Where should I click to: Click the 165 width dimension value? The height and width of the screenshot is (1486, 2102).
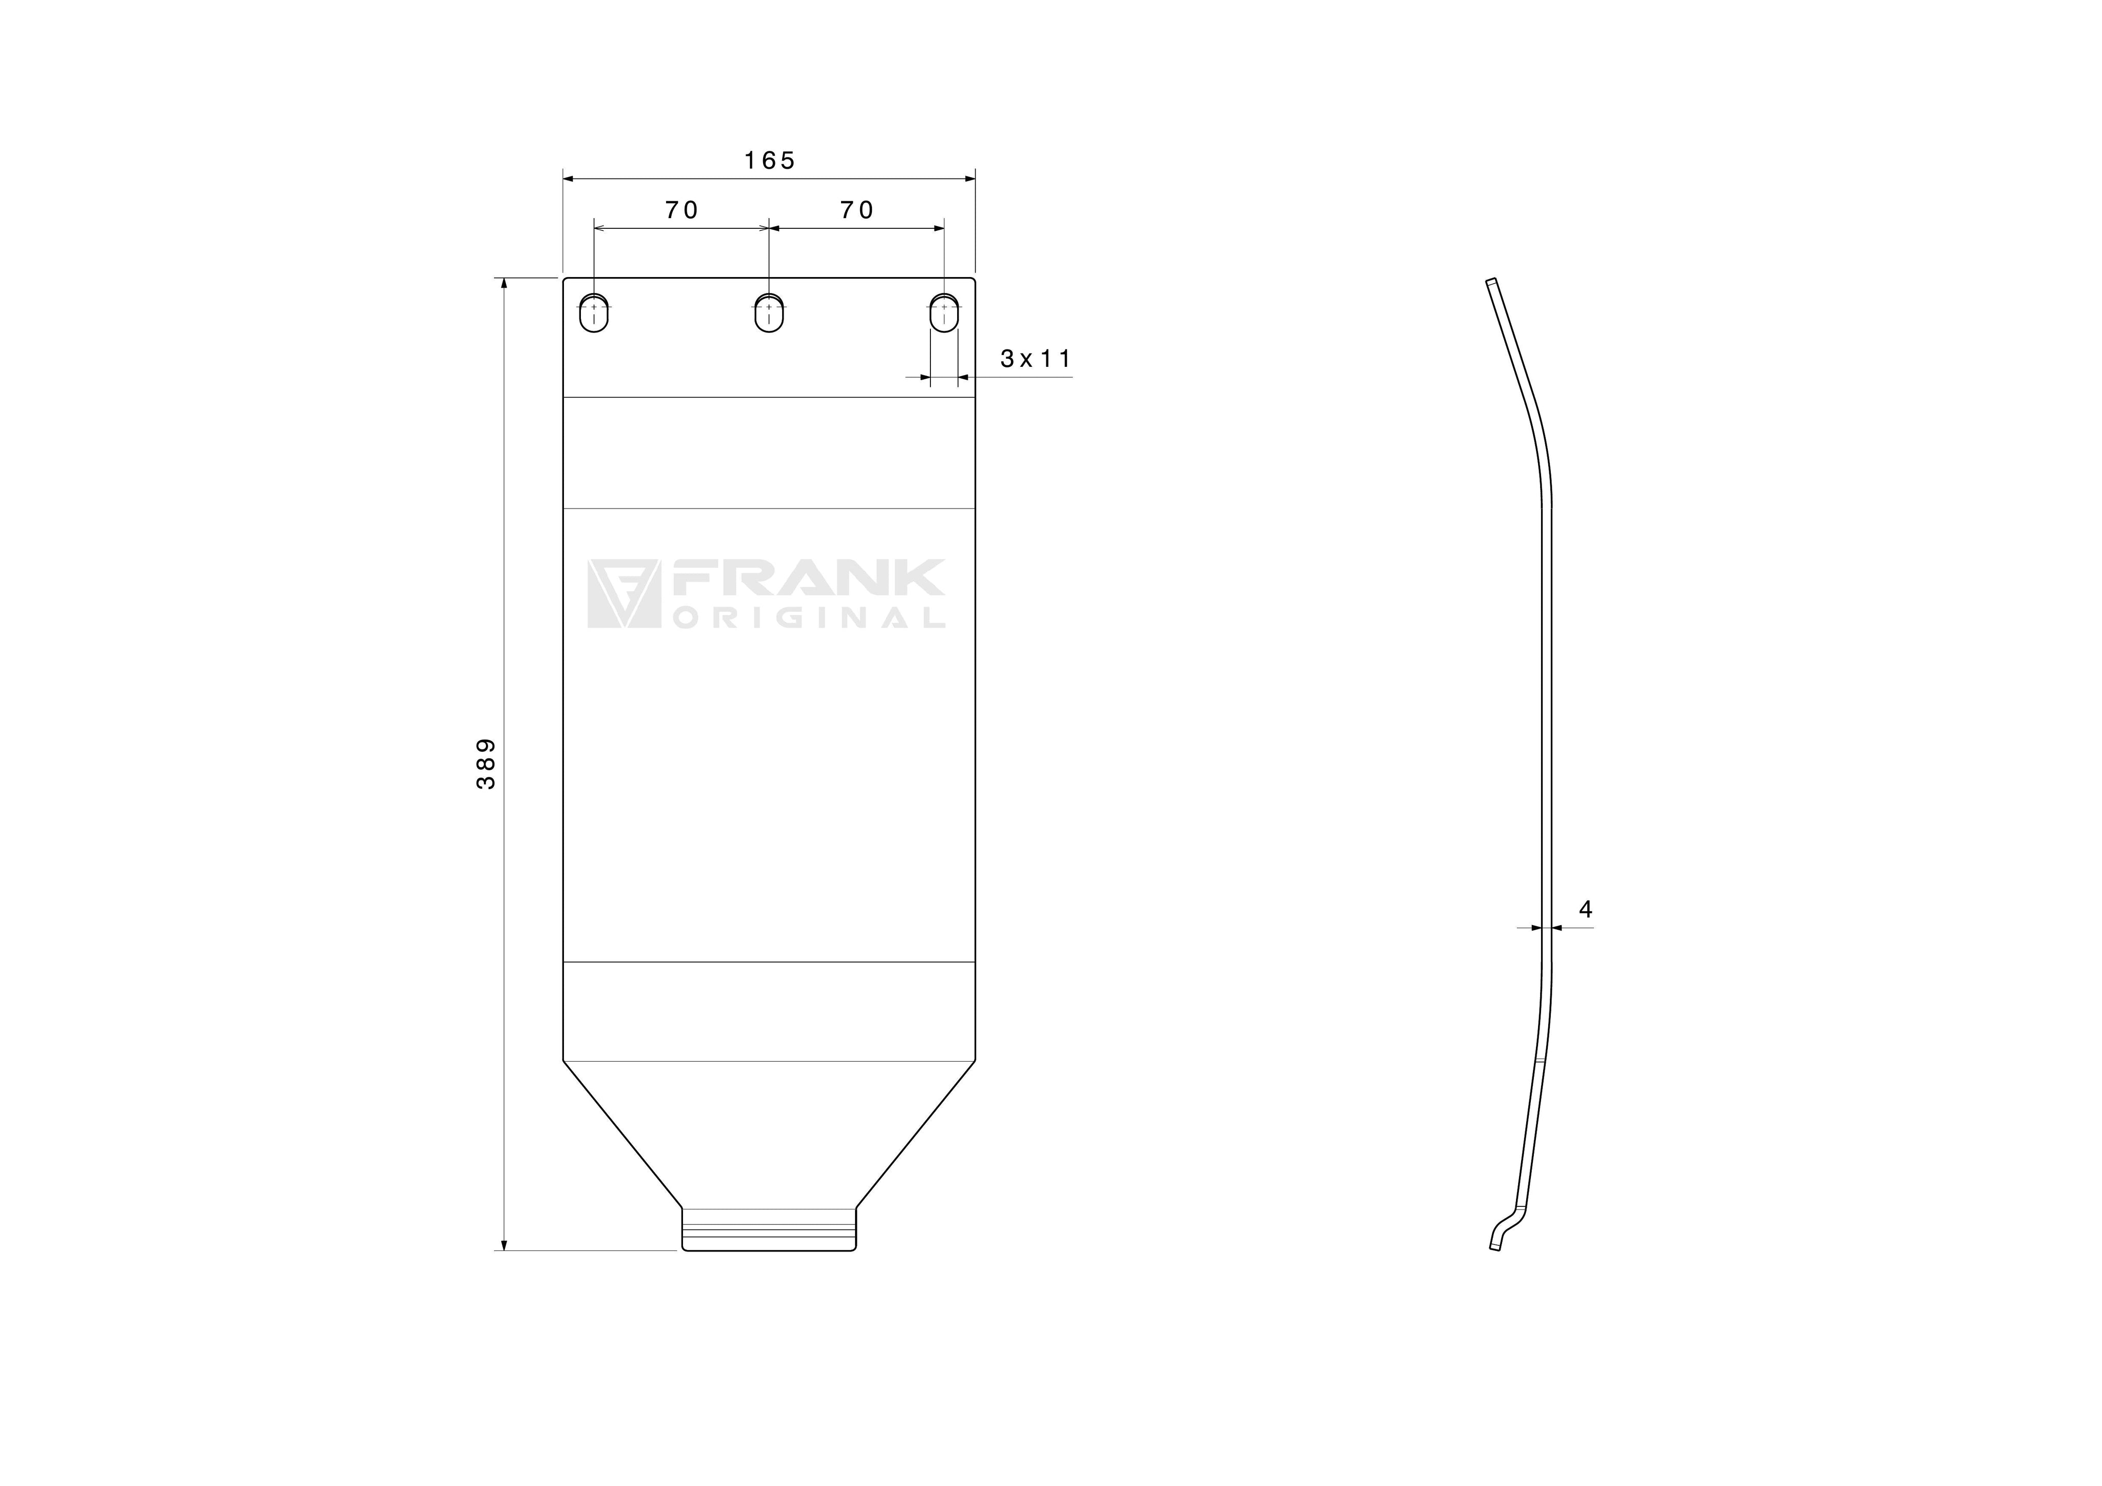[769, 161]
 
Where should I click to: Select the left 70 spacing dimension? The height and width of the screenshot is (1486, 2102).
[681, 210]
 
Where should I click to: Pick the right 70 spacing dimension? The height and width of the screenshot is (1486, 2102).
[857, 210]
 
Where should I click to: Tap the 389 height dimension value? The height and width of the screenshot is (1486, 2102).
[486, 764]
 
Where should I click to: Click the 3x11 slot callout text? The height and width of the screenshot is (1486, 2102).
[1036, 359]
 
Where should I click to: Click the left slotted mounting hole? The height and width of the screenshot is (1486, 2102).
[594, 313]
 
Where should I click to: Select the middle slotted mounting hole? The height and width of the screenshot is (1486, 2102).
[769, 313]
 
